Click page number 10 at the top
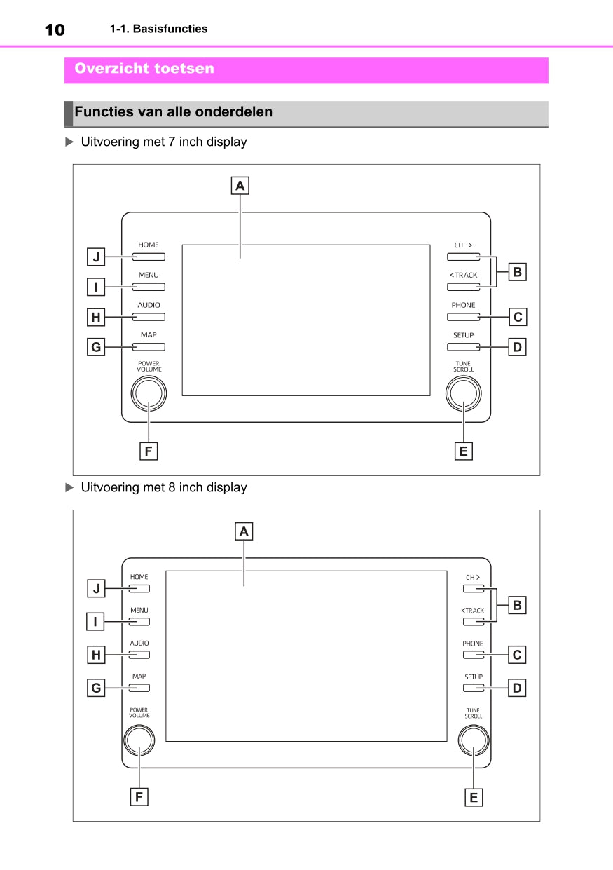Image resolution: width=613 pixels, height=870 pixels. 55,29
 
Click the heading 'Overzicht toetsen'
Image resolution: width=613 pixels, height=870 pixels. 144,69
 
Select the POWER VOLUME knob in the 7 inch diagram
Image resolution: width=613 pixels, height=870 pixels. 149,393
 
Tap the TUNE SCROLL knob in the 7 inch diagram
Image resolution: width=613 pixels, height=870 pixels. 463,393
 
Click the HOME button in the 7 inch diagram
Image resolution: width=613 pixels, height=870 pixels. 149,257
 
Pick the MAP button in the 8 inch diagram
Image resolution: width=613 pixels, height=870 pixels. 139,688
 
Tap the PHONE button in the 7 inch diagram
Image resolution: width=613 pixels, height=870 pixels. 463,317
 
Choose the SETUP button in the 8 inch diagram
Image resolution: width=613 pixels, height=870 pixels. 474,688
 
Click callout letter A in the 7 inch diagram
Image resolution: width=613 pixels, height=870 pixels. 240,186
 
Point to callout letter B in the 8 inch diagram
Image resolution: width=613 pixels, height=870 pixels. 517,605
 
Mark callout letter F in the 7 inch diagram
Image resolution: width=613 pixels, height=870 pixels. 148,451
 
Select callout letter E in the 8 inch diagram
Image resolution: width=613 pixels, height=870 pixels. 474,796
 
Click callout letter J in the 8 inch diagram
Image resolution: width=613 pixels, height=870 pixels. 97,589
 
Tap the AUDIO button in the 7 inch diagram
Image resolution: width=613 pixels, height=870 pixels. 149,317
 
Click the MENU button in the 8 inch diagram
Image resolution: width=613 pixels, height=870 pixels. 139,622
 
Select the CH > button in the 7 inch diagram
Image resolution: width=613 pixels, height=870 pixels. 463,257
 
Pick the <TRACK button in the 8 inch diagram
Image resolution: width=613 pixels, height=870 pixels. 474,622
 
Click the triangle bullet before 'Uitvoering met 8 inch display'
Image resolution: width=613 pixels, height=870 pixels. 69,487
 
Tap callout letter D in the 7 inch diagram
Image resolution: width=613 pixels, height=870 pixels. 517,347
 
